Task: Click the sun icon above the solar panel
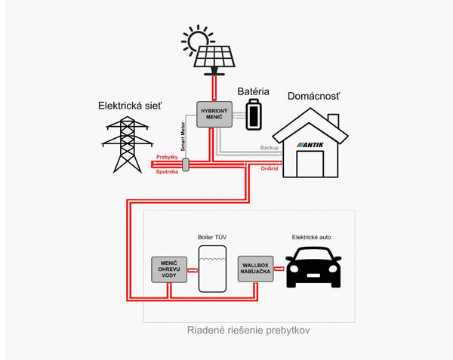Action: (198, 39)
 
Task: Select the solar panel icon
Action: (214, 57)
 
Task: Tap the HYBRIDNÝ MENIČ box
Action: (214, 114)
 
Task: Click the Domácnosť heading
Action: (312, 97)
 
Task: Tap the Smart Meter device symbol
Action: (186, 164)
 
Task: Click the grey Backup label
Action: (270, 148)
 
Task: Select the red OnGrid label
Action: (270, 168)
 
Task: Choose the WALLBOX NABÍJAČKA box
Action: (254, 267)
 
